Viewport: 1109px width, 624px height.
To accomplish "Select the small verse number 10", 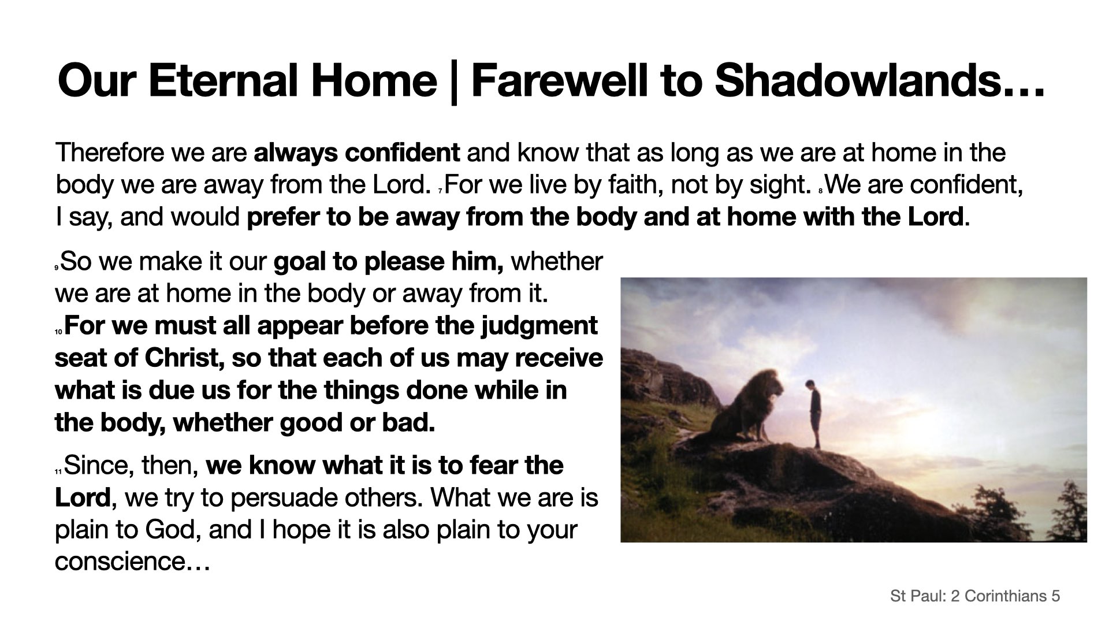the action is pyautogui.click(x=58, y=332).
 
